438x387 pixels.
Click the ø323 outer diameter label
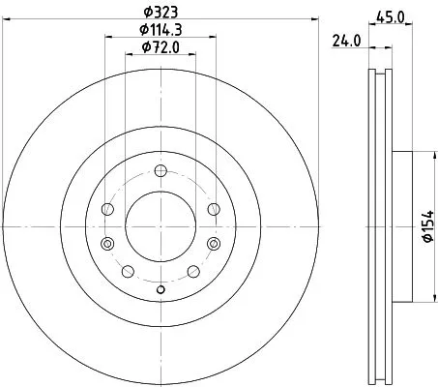tap(160, 14)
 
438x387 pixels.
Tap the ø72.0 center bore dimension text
tap(160, 48)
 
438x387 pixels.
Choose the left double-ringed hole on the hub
tap(107, 242)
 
